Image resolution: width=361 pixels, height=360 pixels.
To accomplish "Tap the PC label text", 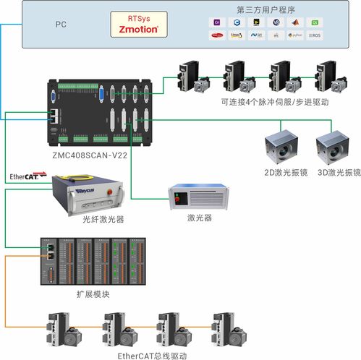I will coord(61,24).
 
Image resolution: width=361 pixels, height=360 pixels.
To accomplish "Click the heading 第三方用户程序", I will coord(266,9).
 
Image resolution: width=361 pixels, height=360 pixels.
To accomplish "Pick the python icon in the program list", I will coord(295,34).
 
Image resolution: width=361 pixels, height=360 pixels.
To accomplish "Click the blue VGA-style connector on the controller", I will coord(101,93).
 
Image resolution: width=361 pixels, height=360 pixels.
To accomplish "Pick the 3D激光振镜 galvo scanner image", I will coord(332,150).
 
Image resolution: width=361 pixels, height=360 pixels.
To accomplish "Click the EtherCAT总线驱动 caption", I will coord(152,355).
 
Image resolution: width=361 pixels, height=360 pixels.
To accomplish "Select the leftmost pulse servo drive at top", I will coord(192,77).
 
